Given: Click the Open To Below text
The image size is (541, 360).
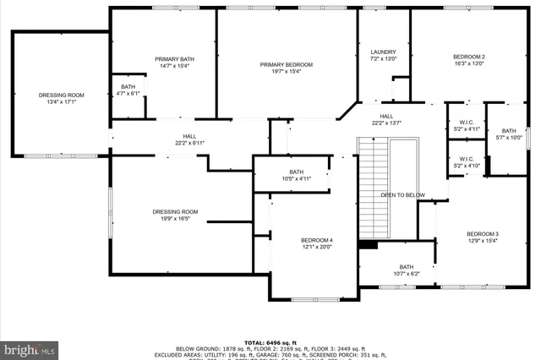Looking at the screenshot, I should point(402,194).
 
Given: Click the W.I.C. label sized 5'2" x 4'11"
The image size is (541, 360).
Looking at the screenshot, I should point(466,126).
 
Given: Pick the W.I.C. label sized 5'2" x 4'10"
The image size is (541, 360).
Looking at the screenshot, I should point(466,161).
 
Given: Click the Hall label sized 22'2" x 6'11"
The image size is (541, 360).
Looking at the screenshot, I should point(190,139).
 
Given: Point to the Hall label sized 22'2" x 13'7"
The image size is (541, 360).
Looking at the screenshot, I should point(386,120).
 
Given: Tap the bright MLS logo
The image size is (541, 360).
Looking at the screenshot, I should point(30,347).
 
